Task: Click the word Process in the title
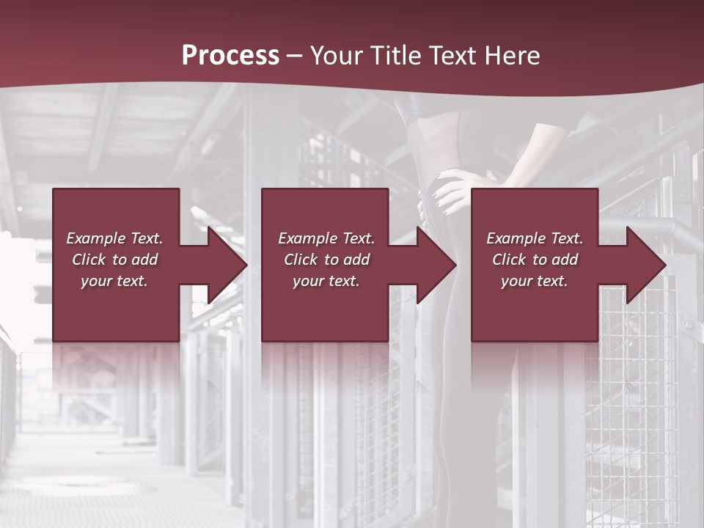click(x=230, y=56)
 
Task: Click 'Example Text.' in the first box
click(x=114, y=238)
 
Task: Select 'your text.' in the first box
click(x=114, y=281)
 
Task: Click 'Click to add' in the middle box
click(x=326, y=260)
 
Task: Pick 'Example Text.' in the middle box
click(x=326, y=238)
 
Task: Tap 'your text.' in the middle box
click(x=326, y=281)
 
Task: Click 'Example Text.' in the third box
click(x=535, y=238)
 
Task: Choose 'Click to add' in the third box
click(x=535, y=260)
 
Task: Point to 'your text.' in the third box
click(x=535, y=281)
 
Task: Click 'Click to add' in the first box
click(x=114, y=260)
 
